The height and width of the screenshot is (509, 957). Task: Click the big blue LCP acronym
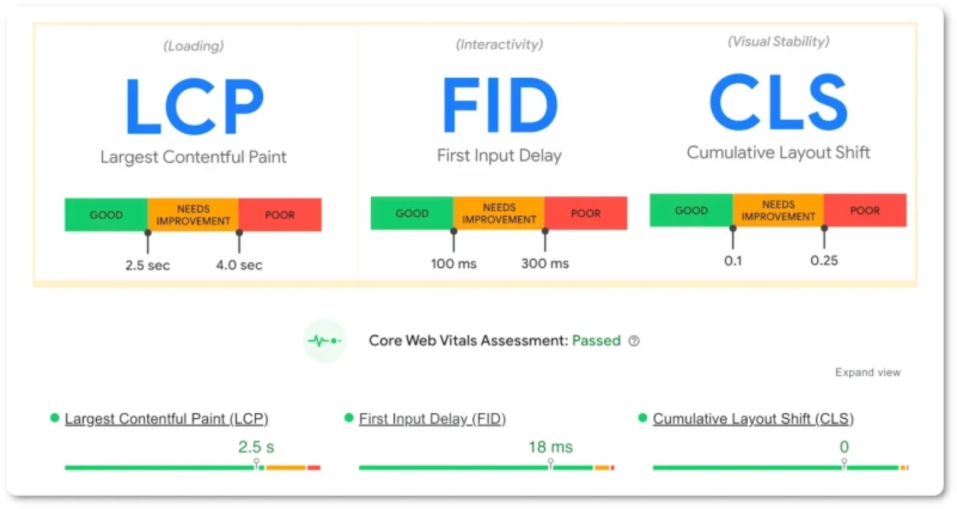(193, 106)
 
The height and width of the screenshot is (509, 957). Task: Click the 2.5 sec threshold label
(148, 265)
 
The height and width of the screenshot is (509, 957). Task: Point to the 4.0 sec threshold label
(239, 265)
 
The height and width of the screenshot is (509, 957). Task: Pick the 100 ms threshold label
(453, 263)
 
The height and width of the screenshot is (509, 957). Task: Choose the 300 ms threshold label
(545, 263)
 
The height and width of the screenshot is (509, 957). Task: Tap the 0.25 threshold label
(824, 260)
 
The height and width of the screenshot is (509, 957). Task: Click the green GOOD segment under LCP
(106, 215)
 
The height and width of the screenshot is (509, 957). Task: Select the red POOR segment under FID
(585, 213)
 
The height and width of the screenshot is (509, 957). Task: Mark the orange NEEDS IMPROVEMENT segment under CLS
(778, 210)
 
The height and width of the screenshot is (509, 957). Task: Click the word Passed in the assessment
(596, 341)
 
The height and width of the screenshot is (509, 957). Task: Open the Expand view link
(867, 373)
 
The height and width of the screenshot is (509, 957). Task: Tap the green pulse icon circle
(324, 341)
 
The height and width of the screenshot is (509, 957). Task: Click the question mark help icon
(634, 341)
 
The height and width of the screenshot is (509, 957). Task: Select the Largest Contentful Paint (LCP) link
(167, 419)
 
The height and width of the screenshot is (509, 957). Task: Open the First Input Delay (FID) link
(433, 419)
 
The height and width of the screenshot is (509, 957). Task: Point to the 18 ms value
(550, 446)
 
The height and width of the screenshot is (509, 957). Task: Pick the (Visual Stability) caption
(778, 41)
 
